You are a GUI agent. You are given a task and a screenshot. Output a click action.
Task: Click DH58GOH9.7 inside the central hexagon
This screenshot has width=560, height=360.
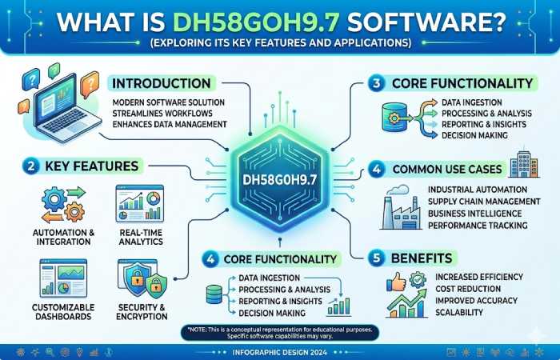pos(279,174)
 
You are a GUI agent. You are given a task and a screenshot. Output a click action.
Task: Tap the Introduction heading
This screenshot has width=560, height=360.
pos(162,83)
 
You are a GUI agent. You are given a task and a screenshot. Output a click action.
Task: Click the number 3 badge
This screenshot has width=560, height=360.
pos(375,82)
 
